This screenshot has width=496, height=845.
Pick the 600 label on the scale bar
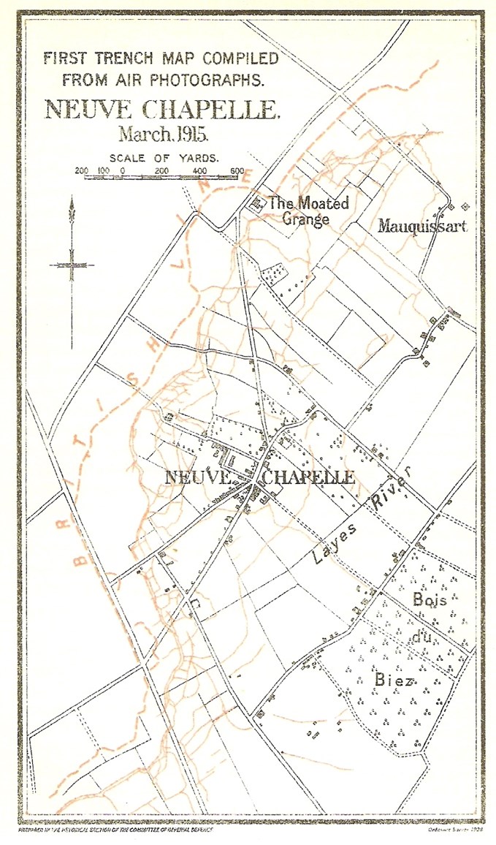(x=237, y=170)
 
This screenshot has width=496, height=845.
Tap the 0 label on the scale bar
(x=122, y=170)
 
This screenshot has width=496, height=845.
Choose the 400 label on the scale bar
(x=199, y=170)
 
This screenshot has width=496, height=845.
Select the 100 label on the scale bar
(x=102, y=170)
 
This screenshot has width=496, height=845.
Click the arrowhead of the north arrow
(x=72, y=208)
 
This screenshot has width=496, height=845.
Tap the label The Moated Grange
(x=308, y=210)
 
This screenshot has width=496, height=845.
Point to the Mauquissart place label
(x=421, y=227)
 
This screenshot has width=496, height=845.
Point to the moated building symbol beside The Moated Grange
(x=257, y=205)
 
